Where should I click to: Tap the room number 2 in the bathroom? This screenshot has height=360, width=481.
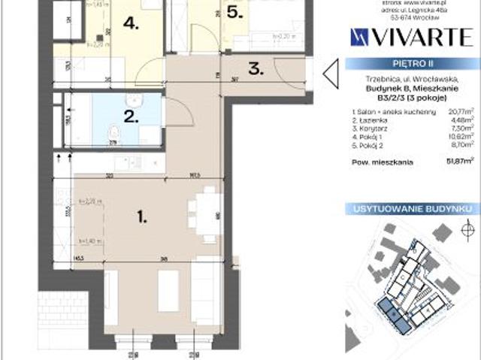click(x=129, y=116)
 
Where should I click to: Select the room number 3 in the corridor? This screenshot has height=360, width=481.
click(x=256, y=69)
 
